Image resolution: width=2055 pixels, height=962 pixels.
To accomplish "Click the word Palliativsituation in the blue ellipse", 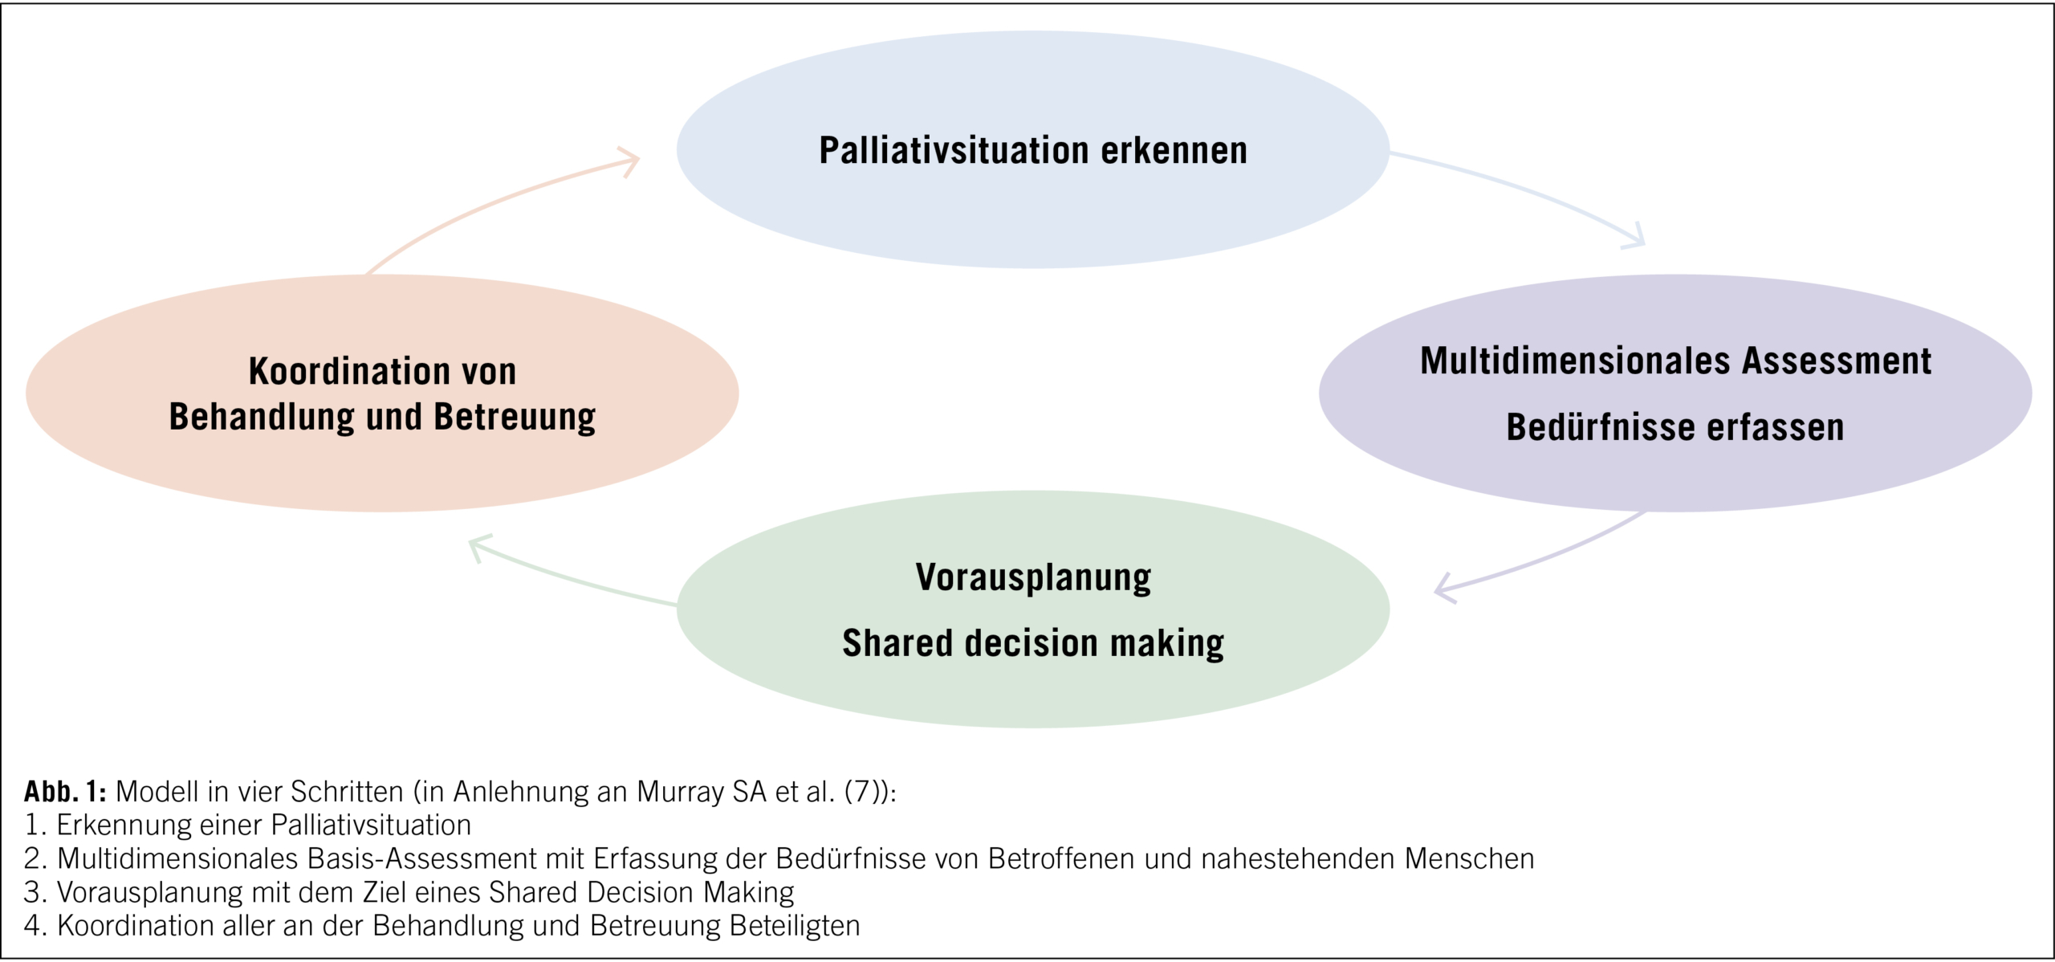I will click(953, 151).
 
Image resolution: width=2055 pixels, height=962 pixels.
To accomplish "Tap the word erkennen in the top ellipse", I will click(1174, 151).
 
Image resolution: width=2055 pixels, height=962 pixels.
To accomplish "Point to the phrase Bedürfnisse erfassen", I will click(1675, 427).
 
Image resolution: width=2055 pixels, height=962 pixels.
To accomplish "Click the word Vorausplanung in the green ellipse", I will click(1033, 578).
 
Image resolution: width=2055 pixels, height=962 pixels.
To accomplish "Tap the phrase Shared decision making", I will click(1033, 643).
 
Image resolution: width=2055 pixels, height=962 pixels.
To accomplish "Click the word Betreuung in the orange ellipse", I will click(514, 418).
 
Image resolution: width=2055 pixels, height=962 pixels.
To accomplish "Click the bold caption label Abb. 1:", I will click(65, 792).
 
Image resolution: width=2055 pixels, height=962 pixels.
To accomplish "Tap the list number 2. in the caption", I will click(37, 859).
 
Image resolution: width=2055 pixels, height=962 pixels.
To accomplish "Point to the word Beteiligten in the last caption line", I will click(794, 926).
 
